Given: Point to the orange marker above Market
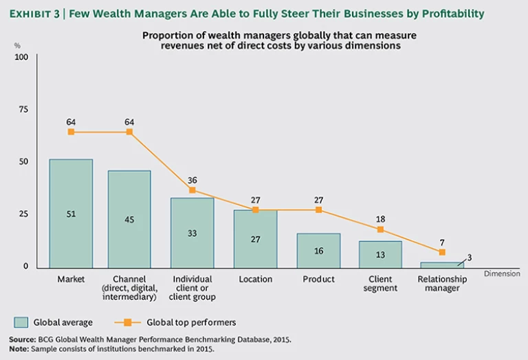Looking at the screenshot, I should pos(71,132).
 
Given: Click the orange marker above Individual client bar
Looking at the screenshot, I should pos(192,190).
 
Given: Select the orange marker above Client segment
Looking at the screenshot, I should pos(380,229).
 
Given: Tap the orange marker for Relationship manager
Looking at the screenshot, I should pos(442,252).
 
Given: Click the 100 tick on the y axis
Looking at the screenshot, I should pos(21,57).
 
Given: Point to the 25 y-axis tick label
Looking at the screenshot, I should pos(23,214).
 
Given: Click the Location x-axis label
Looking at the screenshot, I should pos(255,280).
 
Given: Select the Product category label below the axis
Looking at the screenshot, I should pos(318,280).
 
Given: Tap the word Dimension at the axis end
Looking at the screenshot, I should pos(503,273).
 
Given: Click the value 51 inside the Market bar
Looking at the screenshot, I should pos(71,214).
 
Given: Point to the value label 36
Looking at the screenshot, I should pos(192,180).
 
